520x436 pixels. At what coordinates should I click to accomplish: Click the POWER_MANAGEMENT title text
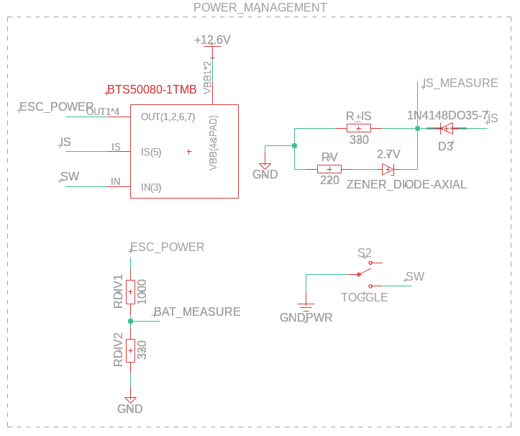point(260,8)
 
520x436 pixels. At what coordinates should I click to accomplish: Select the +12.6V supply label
point(212,40)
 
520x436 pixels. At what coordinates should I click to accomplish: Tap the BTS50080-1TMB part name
point(152,91)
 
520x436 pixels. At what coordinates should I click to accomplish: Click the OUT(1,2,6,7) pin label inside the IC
point(168,117)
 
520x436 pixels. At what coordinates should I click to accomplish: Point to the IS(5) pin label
point(151,152)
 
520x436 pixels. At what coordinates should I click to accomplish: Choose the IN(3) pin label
point(151,187)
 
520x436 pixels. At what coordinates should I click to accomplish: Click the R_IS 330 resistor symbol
point(359,128)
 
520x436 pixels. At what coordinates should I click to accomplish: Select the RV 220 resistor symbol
point(329,169)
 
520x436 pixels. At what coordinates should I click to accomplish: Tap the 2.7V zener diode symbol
point(388,169)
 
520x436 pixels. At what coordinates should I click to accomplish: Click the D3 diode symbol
point(446,129)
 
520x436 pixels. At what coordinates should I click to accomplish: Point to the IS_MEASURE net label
point(460,83)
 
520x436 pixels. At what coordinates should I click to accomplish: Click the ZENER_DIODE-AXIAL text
point(406,185)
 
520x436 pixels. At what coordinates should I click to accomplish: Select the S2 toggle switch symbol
point(365,270)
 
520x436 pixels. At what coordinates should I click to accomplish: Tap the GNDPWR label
point(306,317)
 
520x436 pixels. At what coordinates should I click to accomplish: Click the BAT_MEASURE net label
point(197,312)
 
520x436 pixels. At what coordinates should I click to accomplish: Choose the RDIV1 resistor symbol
point(130,291)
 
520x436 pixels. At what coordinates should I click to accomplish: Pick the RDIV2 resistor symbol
point(130,350)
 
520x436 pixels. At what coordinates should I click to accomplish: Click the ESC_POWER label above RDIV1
point(167,247)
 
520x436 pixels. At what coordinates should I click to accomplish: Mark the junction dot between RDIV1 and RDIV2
point(130,321)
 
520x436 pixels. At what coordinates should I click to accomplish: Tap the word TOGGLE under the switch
point(364,297)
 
